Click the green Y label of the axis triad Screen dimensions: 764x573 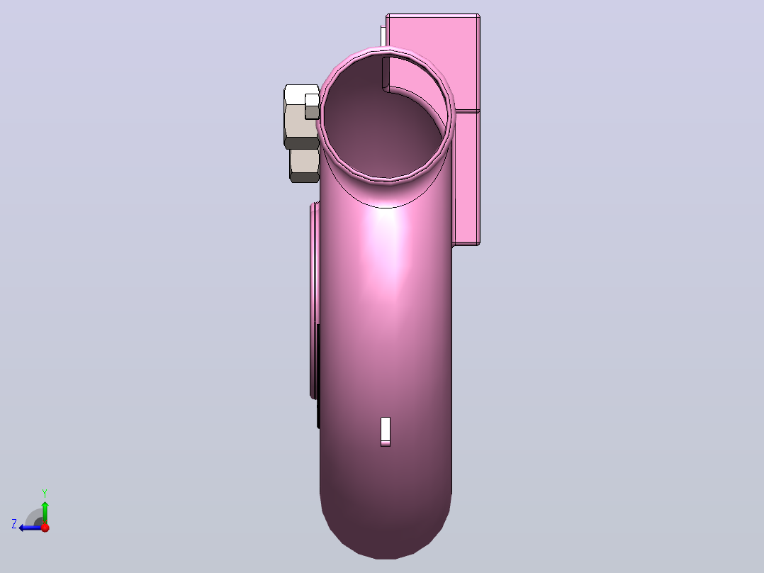45,493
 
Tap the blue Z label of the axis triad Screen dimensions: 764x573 14,524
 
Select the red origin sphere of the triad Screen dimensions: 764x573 45,527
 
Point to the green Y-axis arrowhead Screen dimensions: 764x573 45,506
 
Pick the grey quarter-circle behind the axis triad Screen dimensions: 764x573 34,517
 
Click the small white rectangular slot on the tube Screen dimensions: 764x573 386,431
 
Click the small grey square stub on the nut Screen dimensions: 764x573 312,107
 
